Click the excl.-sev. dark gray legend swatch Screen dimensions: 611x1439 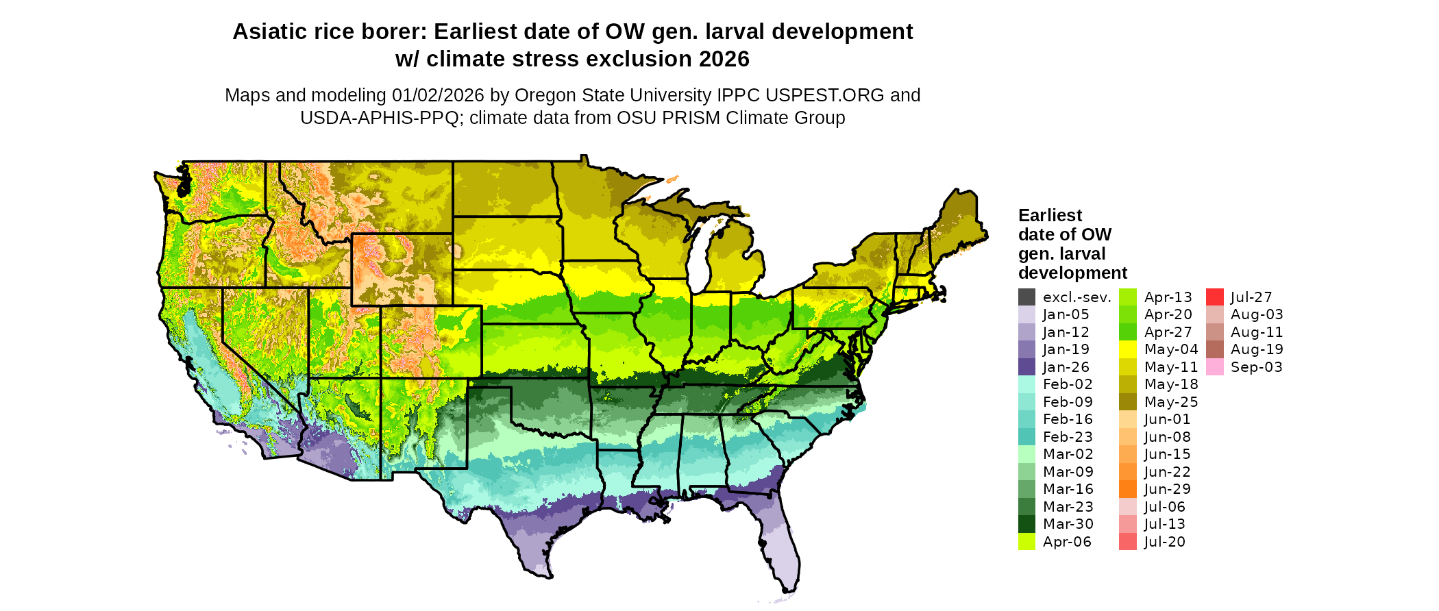[x=1026, y=297]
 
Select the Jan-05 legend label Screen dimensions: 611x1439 [x=1066, y=314]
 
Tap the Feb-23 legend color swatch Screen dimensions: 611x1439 [x=1026, y=437]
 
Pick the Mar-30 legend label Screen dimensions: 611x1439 [x=1068, y=524]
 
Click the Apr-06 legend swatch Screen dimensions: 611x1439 [x=1026, y=542]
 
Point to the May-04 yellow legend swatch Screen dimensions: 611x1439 [x=1127, y=349]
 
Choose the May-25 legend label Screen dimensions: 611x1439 [x=1170, y=402]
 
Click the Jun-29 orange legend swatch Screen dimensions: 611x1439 [x=1127, y=489]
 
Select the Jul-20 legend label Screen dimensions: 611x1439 [x=1164, y=542]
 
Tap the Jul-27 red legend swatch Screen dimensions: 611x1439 [x=1214, y=297]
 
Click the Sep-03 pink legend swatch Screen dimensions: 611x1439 [x=1214, y=367]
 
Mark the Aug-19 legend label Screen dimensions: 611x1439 [x=1257, y=349]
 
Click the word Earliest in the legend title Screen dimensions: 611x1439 [x=1050, y=215]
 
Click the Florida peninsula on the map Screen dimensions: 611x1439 [x=781, y=548]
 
